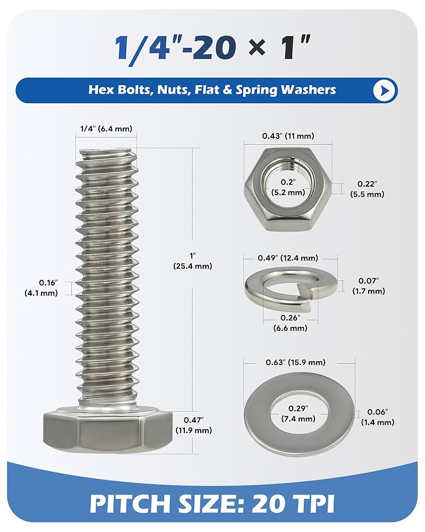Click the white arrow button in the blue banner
point(385,90)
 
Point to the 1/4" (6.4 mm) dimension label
point(106,128)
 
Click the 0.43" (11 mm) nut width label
point(288,136)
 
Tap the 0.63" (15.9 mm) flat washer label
point(299,362)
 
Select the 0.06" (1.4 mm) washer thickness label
point(378,417)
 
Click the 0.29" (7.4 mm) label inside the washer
point(299,413)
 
